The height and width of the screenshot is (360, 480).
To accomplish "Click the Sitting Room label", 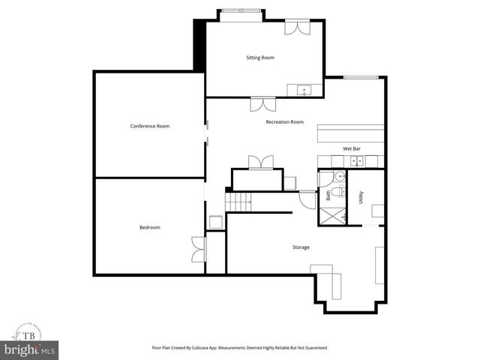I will point(260,58).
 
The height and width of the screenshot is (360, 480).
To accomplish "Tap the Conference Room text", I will point(150,126).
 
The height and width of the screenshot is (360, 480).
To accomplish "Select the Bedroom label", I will point(149,227).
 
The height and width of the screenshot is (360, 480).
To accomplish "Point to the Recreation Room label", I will point(284,121).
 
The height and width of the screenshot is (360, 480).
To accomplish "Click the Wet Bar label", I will point(352,149).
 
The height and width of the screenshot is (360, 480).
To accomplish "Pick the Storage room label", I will point(301,247).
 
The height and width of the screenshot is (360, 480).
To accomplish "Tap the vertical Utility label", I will point(361,198).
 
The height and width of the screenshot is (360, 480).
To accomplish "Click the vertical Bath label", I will point(328,195).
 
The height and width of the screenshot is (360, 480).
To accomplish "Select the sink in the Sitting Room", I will point(305,91).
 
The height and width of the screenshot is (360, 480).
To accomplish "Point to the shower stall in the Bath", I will point(332,213).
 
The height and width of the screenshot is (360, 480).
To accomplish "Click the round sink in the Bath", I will point(338,178).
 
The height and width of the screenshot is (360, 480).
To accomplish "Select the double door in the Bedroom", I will point(198,249).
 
